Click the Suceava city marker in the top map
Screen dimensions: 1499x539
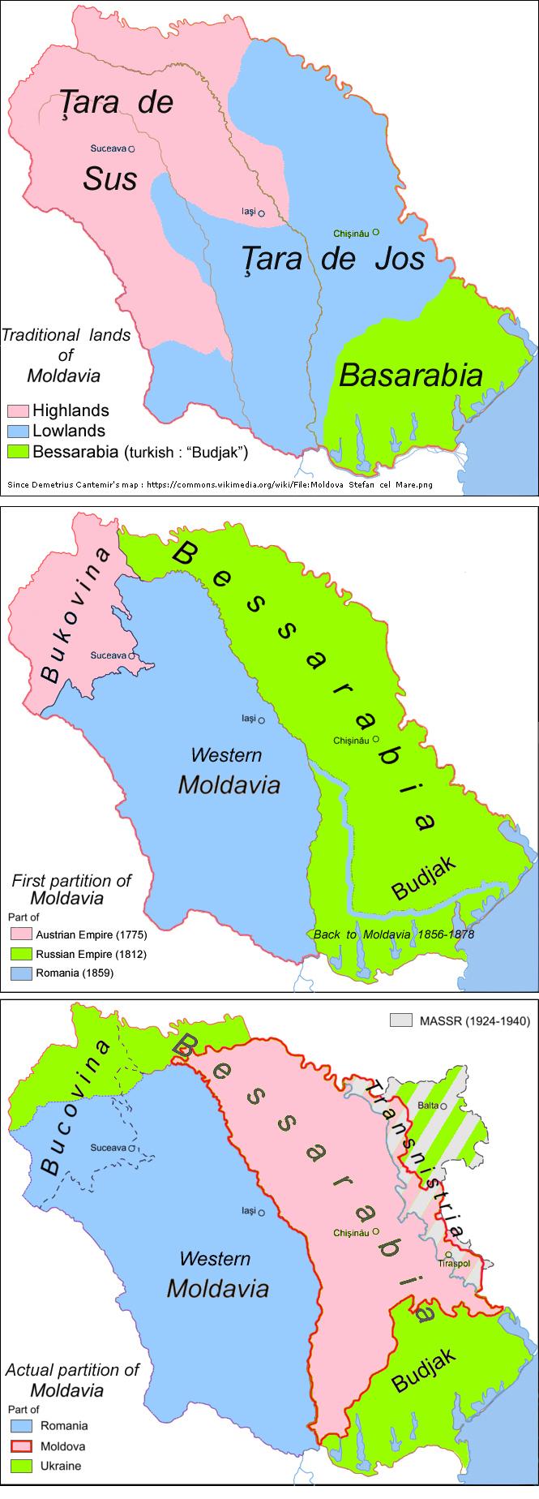tap(131, 149)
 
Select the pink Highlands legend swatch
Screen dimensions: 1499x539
tap(19, 411)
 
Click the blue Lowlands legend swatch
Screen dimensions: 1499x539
tap(19, 431)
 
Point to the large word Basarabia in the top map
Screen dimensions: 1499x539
tap(411, 375)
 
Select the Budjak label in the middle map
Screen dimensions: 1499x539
tap(424, 878)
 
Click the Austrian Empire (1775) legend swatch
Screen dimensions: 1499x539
tap(21, 935)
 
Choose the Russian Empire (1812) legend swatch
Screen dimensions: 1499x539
tap(21, 954)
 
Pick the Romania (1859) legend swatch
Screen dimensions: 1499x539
tap(21, 973)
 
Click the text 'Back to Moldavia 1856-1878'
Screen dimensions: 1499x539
tap(394, 934)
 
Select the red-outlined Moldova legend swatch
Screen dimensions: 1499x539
tap(21, 1445)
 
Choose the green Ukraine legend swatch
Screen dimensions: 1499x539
tap(21, 1466)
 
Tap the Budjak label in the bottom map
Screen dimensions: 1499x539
tap(424, 1370)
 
